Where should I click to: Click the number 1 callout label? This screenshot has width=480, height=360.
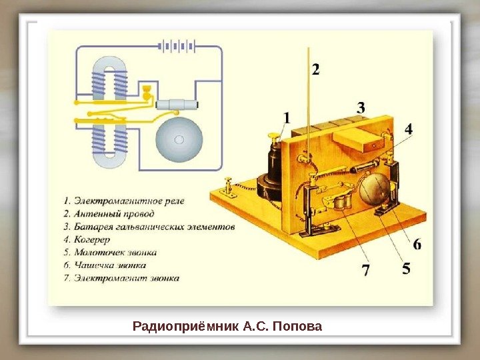[x=287, y=118]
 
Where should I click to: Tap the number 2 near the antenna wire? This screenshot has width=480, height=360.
[x=315, y=69]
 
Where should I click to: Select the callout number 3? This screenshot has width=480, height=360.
[x=361, y=107]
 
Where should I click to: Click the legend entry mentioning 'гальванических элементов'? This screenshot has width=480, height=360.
[x=149, y=227]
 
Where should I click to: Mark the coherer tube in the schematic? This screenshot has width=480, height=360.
[x=177, y=104]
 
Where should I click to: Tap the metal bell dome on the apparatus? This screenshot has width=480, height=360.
[x=373, y=189]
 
